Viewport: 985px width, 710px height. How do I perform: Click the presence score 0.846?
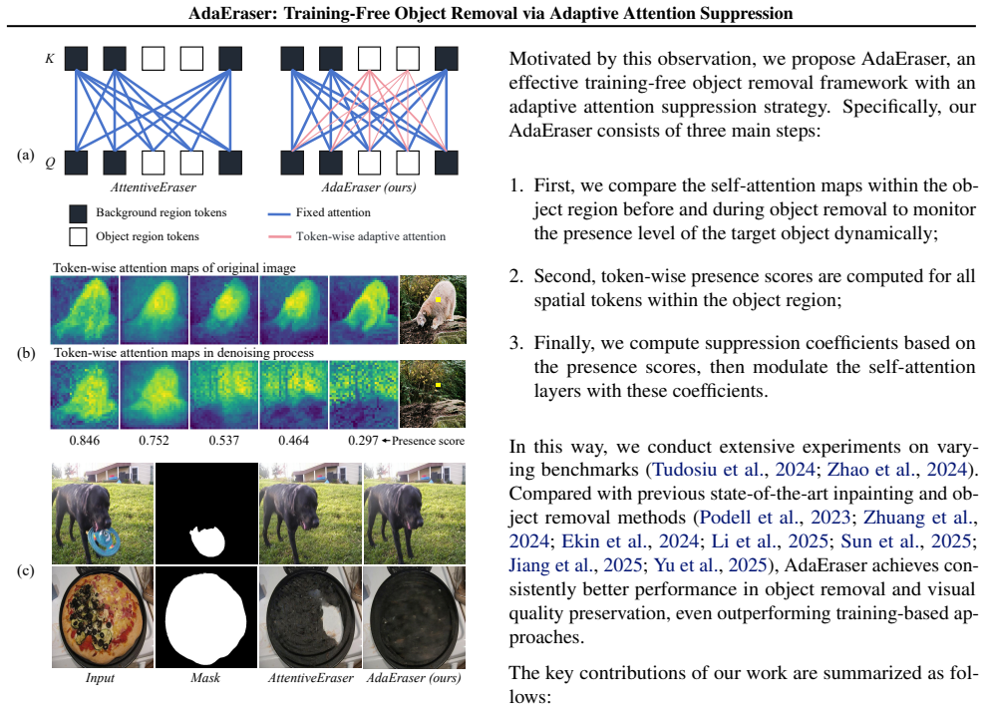tap(84, 441)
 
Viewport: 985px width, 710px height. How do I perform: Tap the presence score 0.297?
tap(363, 441)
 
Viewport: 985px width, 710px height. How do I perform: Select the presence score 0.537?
tap(224, 441)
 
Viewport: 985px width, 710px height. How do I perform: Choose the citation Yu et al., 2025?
tap(711, 564)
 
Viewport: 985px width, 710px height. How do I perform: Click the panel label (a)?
tap(26, 156)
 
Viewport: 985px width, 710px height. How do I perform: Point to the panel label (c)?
tap(26, 570)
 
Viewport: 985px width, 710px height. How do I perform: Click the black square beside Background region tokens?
tap(78, 213)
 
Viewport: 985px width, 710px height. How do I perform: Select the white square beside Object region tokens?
tap(78, 237)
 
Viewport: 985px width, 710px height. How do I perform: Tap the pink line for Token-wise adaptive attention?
tap(279, 237)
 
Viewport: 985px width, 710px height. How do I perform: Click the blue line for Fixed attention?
tap(279, 213)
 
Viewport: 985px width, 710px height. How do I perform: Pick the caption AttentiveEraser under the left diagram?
tap(154, 187)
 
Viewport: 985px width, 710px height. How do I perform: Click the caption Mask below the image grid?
tap(205, 677)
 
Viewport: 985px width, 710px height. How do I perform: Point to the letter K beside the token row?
tap(50, 59)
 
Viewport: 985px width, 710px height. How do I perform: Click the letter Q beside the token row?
tap(50, 163)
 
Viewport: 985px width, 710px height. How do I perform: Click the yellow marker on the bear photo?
tap(438, 300)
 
